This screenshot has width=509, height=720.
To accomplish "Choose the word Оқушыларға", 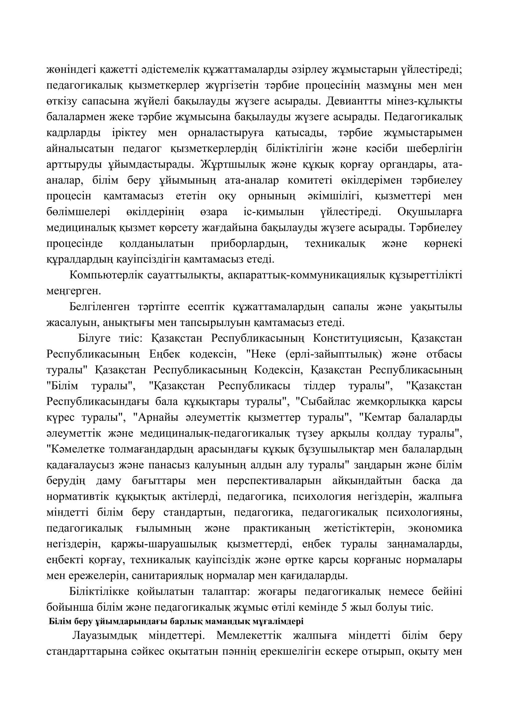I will (430, 212).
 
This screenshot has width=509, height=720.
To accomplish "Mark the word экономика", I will (435, 529).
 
